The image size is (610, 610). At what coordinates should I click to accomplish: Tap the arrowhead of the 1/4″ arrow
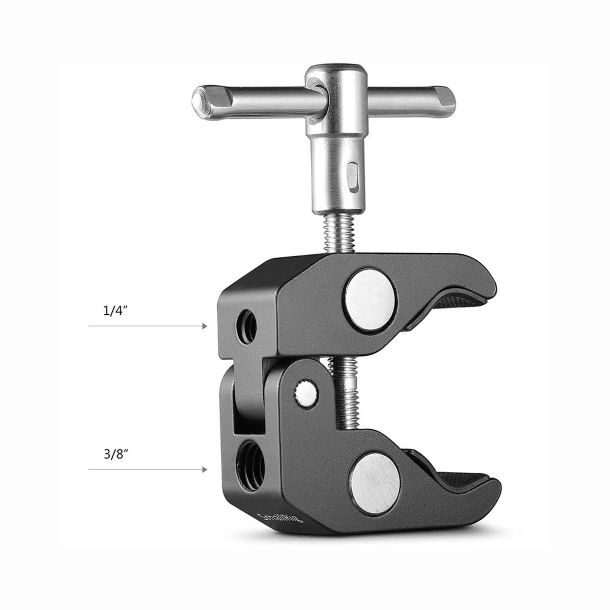(x=205, y=326)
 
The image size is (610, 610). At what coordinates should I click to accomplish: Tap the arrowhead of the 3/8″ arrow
(x=205, y=470)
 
